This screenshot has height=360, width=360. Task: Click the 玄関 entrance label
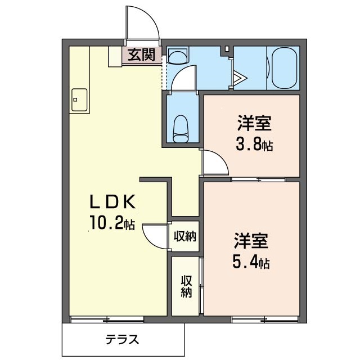[x=142, y=55]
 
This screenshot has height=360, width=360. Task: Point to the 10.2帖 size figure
[x=111, y=223]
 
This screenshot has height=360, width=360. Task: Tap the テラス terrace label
[x=122, y=340]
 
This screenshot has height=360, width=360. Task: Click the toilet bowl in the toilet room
[x=181, y=128]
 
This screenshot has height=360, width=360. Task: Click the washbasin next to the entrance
[x=178, y=56]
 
